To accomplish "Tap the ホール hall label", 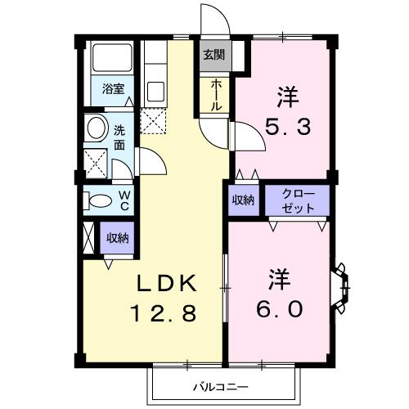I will tap(215, 95).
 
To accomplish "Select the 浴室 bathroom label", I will tap(113, 89).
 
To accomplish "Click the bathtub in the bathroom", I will tap(112, 58).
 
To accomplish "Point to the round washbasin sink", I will tap(96, 128).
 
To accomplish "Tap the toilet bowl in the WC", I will tap(99, 201).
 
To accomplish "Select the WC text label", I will tap(124, 201).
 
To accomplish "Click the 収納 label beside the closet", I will tap(243, 200).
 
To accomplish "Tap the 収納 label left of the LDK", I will tap(116, 238).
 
